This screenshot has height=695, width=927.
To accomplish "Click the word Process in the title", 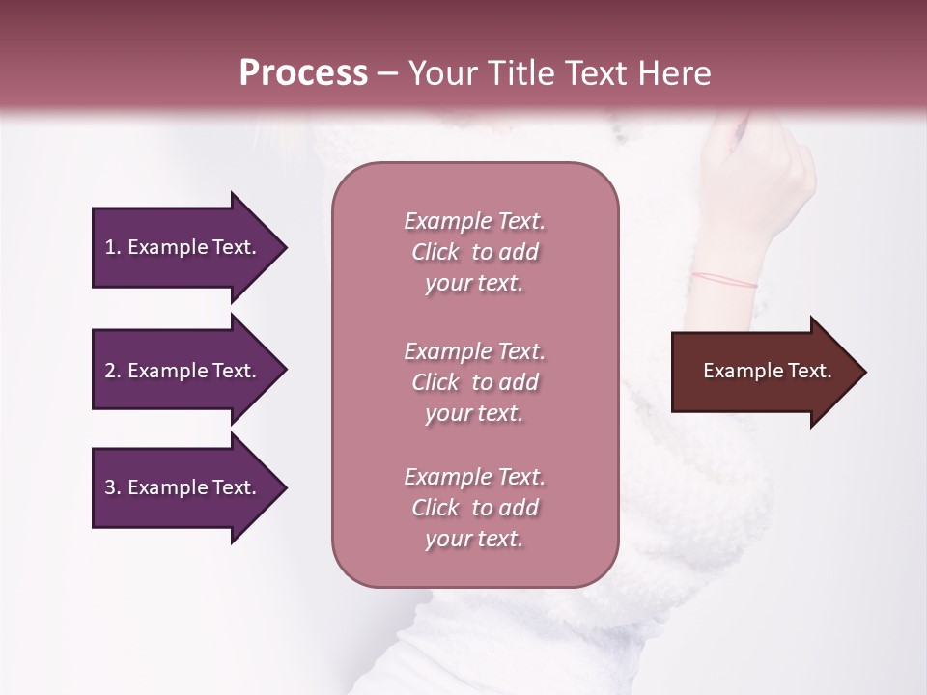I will point(303,73).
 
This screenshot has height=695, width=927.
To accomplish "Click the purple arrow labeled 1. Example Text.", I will point(183,247).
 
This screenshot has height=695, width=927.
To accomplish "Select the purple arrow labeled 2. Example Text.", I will point(183,371).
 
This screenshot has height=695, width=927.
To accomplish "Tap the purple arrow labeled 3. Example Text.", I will point(183,487).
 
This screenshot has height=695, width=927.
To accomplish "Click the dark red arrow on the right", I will point(763,372).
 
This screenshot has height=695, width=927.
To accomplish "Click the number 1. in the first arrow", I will point(113,247).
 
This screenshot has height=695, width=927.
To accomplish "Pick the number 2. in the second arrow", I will point(113,371).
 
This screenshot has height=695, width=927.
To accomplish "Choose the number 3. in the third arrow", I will point(113,487).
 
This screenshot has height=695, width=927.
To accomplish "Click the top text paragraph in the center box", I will point(474,252).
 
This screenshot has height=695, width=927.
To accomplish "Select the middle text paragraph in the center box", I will point(474,381).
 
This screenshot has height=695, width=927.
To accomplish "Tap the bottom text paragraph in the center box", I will point(474,508).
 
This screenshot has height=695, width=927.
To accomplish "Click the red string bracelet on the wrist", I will point(724,280).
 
